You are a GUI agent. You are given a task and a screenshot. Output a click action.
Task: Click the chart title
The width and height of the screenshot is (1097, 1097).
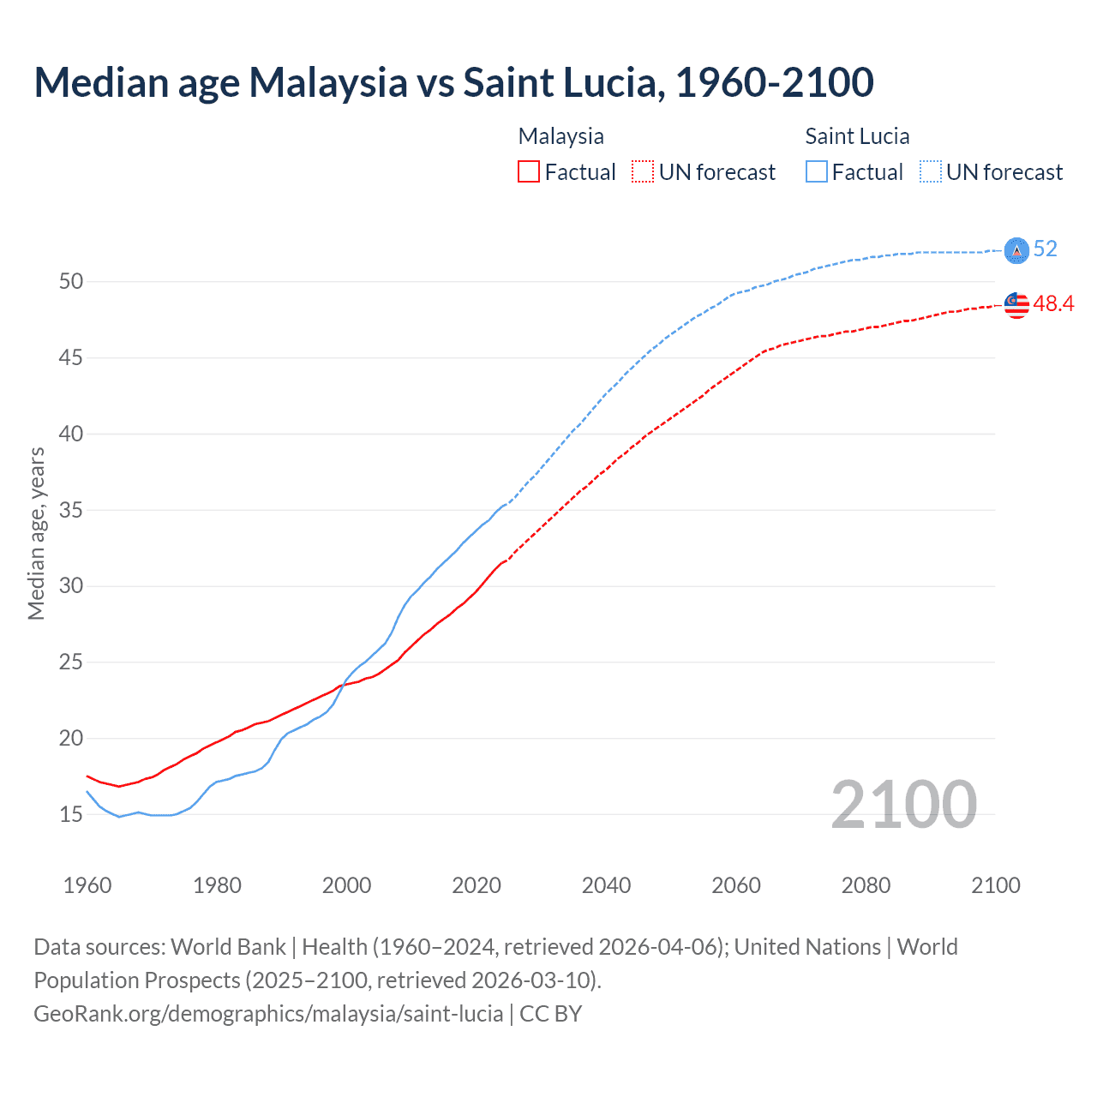pos(453,82)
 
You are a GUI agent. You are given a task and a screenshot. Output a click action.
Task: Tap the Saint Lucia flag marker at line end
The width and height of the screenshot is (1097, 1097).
pos(1016,249)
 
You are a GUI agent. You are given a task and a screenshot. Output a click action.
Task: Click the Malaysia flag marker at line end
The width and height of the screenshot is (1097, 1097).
pos(1016,304)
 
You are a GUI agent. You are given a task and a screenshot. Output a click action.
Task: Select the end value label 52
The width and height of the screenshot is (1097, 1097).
pos(1045,249)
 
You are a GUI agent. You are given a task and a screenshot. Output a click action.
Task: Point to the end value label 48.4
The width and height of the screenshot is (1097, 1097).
pos(1053,303)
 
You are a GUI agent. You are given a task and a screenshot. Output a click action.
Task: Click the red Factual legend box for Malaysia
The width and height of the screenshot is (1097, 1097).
pos(529,171)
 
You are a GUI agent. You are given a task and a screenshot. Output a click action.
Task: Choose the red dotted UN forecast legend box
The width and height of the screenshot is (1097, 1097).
pos(643,171)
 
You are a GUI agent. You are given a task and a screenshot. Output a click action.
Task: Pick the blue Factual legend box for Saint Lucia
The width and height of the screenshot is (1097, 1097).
pos(817,171)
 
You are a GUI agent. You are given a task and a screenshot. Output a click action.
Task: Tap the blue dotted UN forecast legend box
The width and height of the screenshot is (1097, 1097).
pos(931,171)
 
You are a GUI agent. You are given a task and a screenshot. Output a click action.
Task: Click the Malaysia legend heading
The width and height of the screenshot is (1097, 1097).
pos(560,136)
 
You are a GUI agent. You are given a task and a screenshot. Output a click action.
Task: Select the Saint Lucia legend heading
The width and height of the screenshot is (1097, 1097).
pos(857,136)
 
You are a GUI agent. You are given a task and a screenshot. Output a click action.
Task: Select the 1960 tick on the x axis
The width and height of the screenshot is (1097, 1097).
pos(87,885)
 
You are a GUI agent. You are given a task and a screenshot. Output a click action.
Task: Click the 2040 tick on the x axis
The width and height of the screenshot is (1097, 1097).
pos(606,885)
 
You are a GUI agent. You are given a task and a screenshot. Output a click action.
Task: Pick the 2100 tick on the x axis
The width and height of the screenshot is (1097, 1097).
pos(996,885)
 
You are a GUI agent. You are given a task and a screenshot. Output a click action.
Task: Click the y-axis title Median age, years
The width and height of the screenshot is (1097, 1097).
pos(36,533)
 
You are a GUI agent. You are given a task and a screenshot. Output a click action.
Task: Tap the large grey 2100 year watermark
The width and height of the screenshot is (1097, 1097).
pos(903,804)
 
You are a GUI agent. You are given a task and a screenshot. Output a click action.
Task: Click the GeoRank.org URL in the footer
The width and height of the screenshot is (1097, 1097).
pos(268,1013)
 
